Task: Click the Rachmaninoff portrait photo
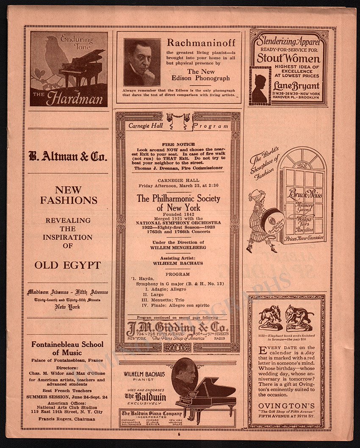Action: (142, 62)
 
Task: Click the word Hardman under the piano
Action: (75, 99)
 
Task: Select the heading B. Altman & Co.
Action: (68, 157)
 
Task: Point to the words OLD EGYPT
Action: (68, 265)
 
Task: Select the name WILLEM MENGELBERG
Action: (177, 247)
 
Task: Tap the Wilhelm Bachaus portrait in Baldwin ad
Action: (185, 374)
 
